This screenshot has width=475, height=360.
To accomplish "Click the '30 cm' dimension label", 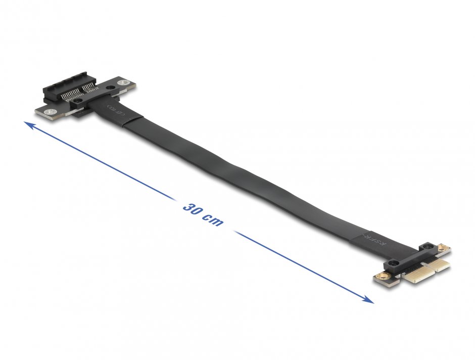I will click(202, 215).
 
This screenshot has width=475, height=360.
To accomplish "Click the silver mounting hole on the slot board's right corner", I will click(121, 83).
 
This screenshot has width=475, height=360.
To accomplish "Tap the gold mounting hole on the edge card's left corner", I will click(380, 277).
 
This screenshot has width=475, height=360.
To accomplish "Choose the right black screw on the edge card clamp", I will click(428, 248).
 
